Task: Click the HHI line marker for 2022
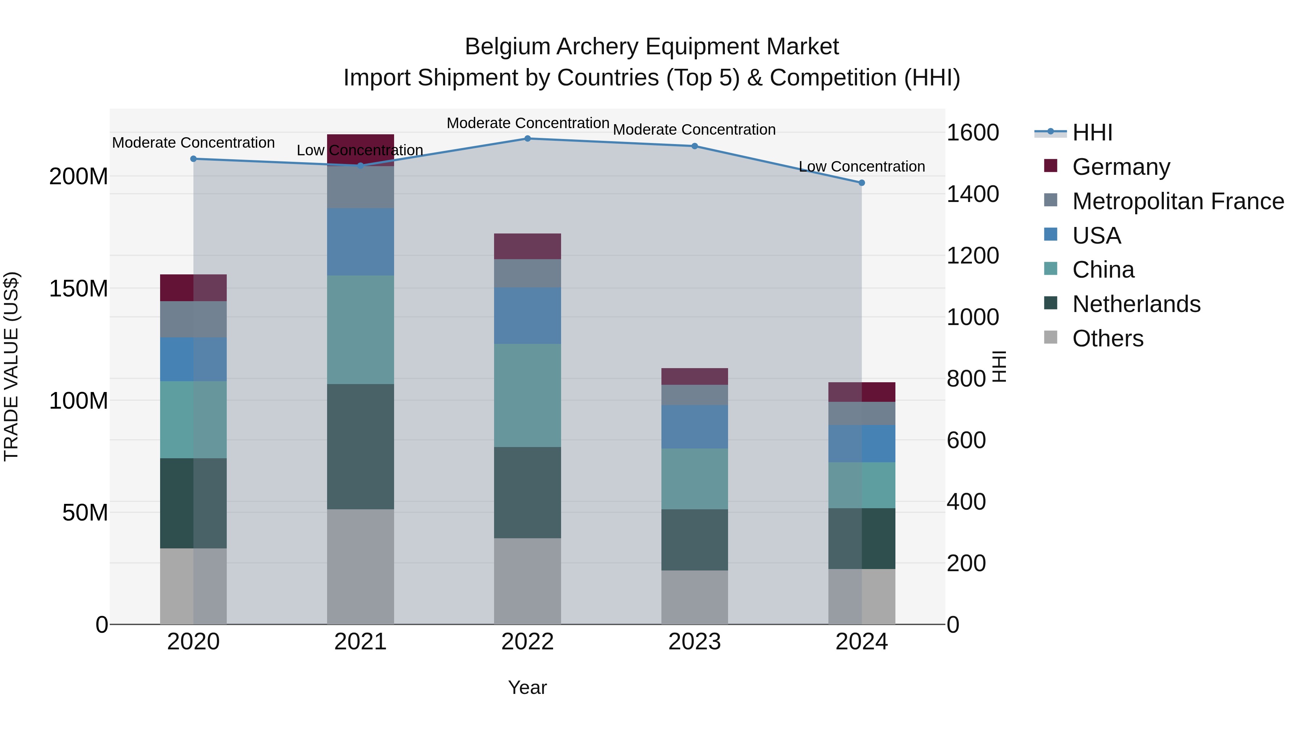pos(527,139)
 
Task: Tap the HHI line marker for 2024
pos(862,183)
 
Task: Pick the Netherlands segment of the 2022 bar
pos(527,492)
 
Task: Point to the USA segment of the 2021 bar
pos(360,242)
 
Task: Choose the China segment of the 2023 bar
pos(694,479)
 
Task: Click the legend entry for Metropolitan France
pos(1178,201)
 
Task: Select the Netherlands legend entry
pos(1136,304)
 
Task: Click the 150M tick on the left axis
pos(79,288)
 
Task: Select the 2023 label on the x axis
pos(694,641)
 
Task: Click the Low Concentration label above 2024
pos(862,167)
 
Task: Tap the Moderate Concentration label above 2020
pos(193,143)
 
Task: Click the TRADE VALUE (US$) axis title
pos(11,366)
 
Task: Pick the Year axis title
pos(527,687)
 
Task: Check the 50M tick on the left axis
pos(85,513)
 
